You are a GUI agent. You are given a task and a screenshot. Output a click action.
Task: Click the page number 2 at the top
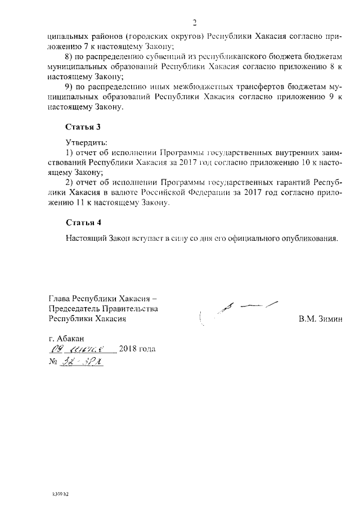195,22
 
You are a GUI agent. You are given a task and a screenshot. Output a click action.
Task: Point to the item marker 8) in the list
70,58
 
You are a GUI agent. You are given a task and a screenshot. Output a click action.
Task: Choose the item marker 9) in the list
70,87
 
